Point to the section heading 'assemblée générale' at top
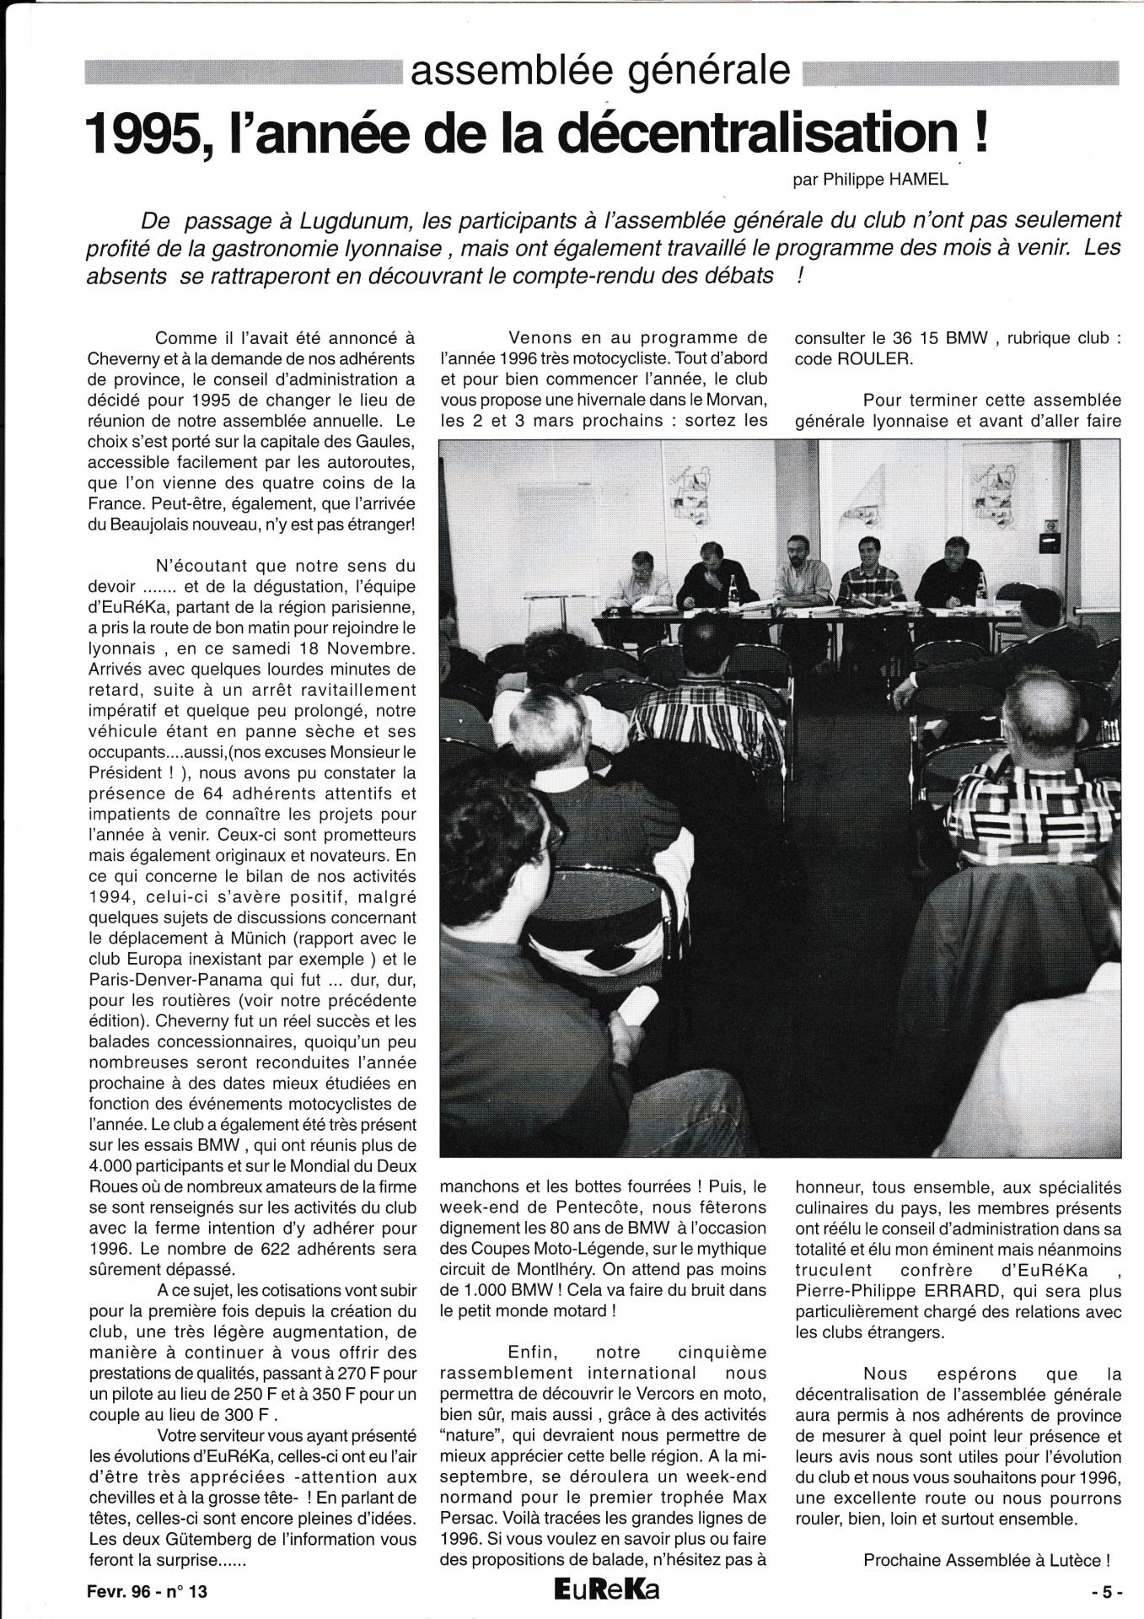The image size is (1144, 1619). (600, 73)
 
